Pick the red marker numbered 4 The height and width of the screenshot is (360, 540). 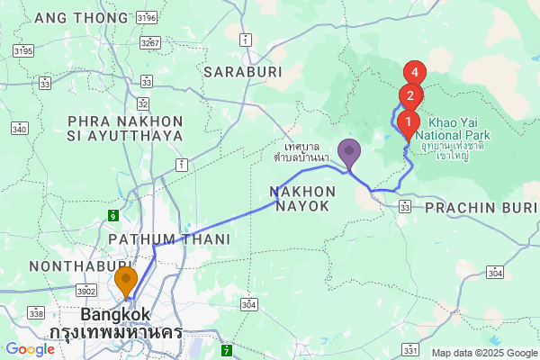click(415, 72)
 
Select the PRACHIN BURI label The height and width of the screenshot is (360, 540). click(481, 207)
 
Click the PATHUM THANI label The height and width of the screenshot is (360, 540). click(169, 238)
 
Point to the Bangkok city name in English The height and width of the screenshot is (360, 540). click(116, 315)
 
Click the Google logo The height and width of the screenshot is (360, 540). click(30, 349)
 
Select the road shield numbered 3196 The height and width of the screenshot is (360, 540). click(148, 17)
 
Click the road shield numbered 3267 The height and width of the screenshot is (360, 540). click(151, 42)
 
